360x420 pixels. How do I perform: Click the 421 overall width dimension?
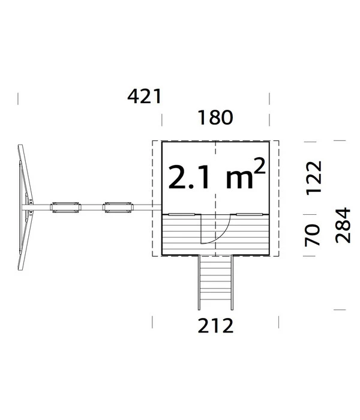pos(145,97)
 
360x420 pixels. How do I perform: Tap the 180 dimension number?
pos(215,118)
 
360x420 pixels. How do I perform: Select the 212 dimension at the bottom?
pos(215,325)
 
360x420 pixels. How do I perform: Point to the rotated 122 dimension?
pos(314,178)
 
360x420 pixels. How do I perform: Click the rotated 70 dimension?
pos(313,235)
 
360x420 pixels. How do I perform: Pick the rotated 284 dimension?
pos(343,225)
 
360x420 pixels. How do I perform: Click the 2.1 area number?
pos(189,177)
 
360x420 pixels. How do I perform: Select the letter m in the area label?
pos(239,179)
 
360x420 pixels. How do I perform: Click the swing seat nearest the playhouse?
pos(118,208)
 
